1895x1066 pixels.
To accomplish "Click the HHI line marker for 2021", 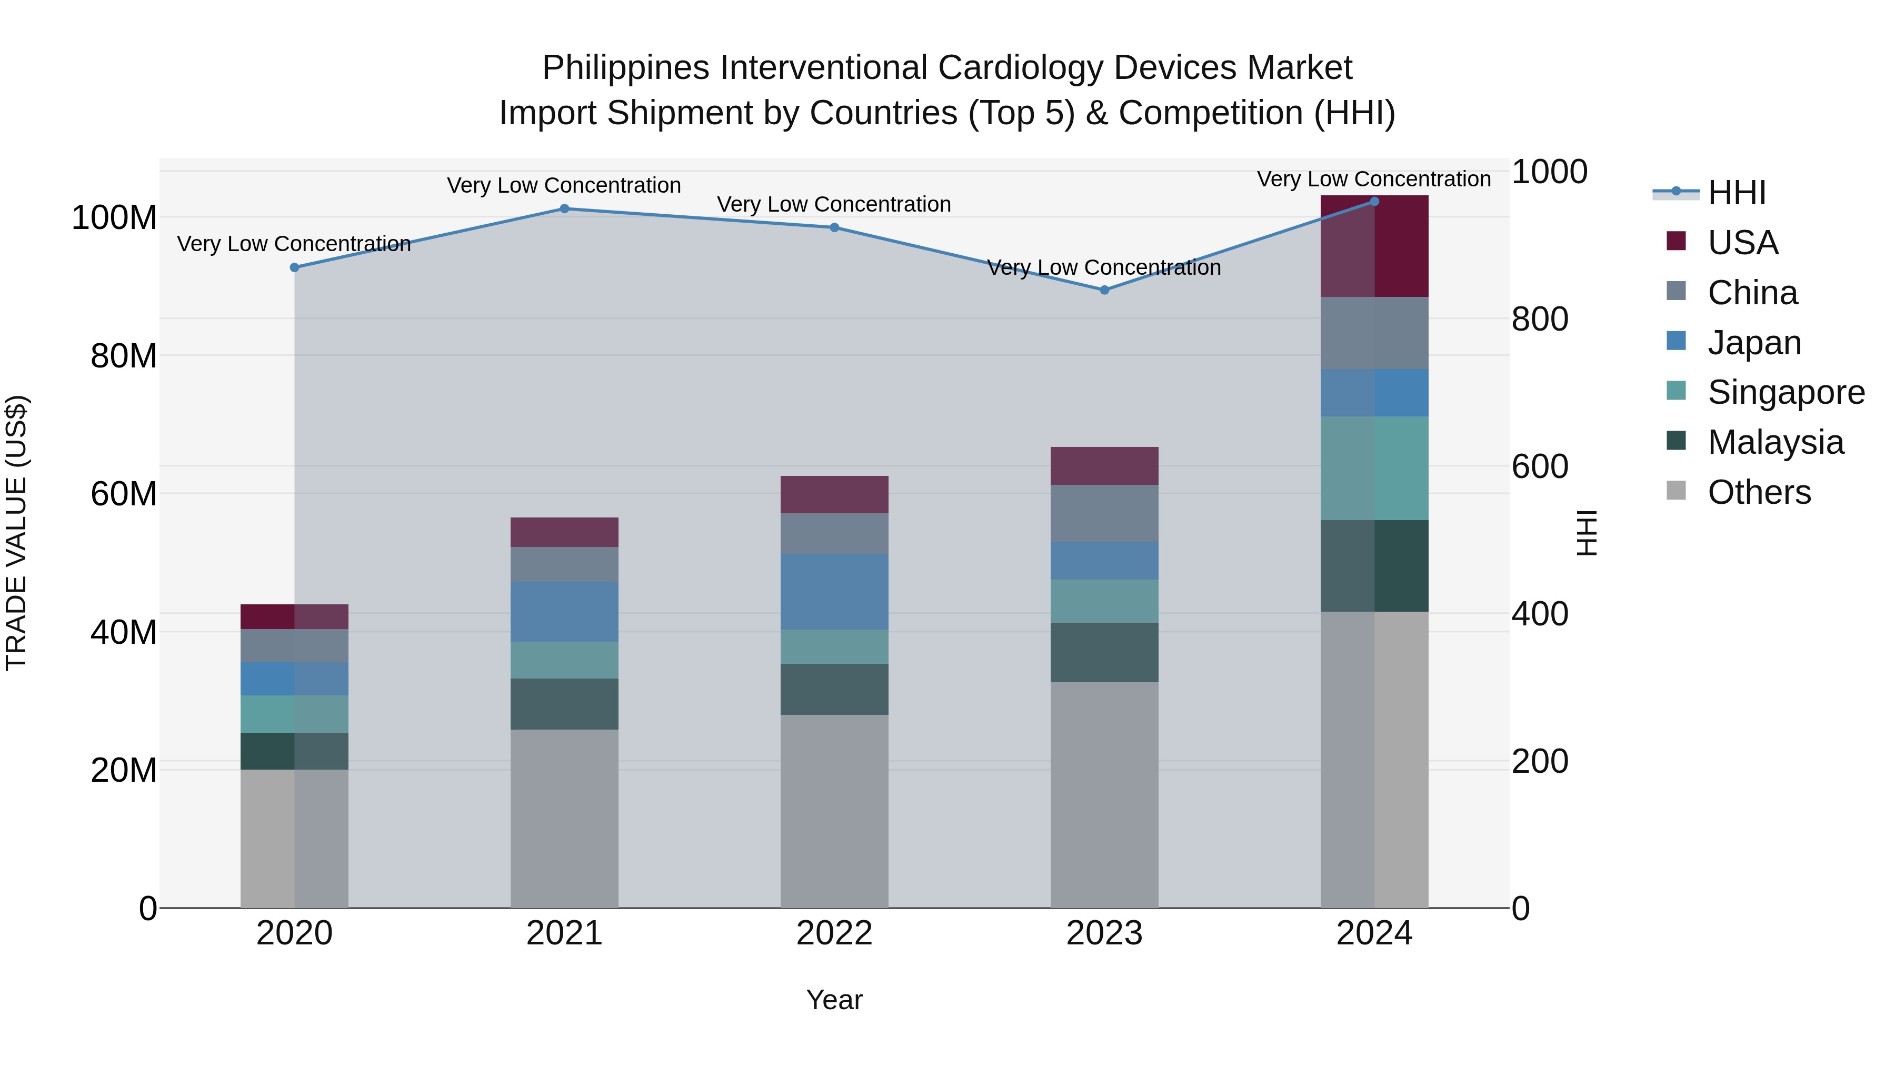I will [x=564, y=209].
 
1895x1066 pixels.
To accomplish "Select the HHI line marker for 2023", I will [x=1104, y=291].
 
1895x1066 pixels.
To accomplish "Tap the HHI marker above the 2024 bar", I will [x=1374, y=202].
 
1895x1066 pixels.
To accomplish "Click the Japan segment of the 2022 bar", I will [x=834, y=592].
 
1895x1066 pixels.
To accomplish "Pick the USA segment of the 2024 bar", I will [x=1374, y=246].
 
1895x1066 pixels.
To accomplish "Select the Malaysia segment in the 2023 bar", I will [x=1104, y=653].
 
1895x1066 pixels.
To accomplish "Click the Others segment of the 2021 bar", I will [x=564, y=818].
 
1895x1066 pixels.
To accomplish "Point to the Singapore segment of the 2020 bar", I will [x=294, y=714].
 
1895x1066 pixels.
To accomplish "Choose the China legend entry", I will [x=1752, y=293].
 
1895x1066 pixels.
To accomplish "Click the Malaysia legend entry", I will [x=1775, y=442].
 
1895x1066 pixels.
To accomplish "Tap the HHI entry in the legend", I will [x=1736, y=193].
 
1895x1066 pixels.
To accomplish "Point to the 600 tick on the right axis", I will [x=1540, y=466].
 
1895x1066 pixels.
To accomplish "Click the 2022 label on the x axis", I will [x=834, y=933].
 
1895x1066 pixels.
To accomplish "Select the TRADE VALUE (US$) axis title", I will [x=16, y=533].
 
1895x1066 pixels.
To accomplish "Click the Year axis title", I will [x=834, y=1000].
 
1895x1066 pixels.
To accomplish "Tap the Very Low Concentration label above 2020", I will [x=294, y=244].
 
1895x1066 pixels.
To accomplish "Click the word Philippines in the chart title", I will [x=625, y=68].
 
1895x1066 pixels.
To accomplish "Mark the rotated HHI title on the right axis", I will [x=1588, y=533].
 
